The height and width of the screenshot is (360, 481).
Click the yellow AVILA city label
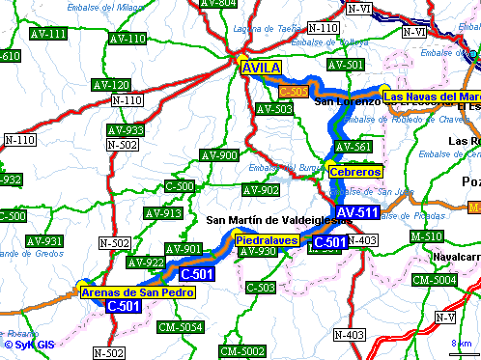click(x=261, y=68)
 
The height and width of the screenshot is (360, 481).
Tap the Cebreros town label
click(x=355, y=171)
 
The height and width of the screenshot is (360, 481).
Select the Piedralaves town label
click(x=266, y=238)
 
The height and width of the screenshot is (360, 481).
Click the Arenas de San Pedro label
click(x=136, y=291)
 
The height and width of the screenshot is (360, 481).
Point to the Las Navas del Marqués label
click(x=431, y=97)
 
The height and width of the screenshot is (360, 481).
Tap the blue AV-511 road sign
click(x=356, y=212)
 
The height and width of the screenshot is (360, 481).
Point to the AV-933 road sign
click(x=126, y=130)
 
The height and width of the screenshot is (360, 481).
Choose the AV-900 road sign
click(x=218, y=155)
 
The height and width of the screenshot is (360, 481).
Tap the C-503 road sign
click(x=261, y=287)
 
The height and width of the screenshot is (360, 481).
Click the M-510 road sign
click(x=426, y=235)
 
